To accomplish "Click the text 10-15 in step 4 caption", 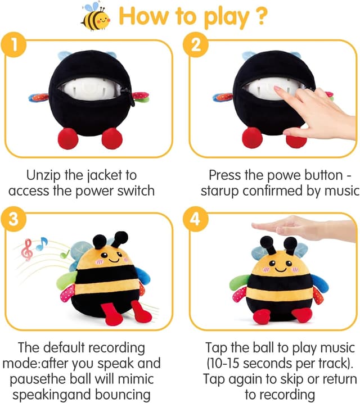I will tap(227, 363).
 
